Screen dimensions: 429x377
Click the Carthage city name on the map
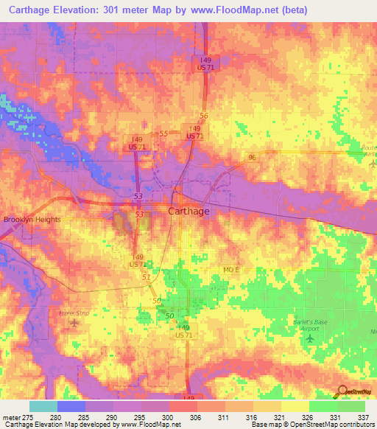tap(188, 212)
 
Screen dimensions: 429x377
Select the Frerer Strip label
tap(73, 313)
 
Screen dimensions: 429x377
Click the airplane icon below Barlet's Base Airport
tap(309, 338)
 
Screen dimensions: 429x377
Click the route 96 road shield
tap(252, 157)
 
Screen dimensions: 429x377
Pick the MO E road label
tap(232, 271)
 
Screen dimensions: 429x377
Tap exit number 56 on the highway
tap(204, 116)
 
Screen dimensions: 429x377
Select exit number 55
tap(163, 133)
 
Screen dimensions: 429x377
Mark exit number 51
tap(146, 277)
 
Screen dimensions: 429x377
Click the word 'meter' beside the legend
tap(11, 416)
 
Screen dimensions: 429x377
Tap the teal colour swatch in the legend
tap(43, 406)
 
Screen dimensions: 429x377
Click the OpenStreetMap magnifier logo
tap(342, 391)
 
